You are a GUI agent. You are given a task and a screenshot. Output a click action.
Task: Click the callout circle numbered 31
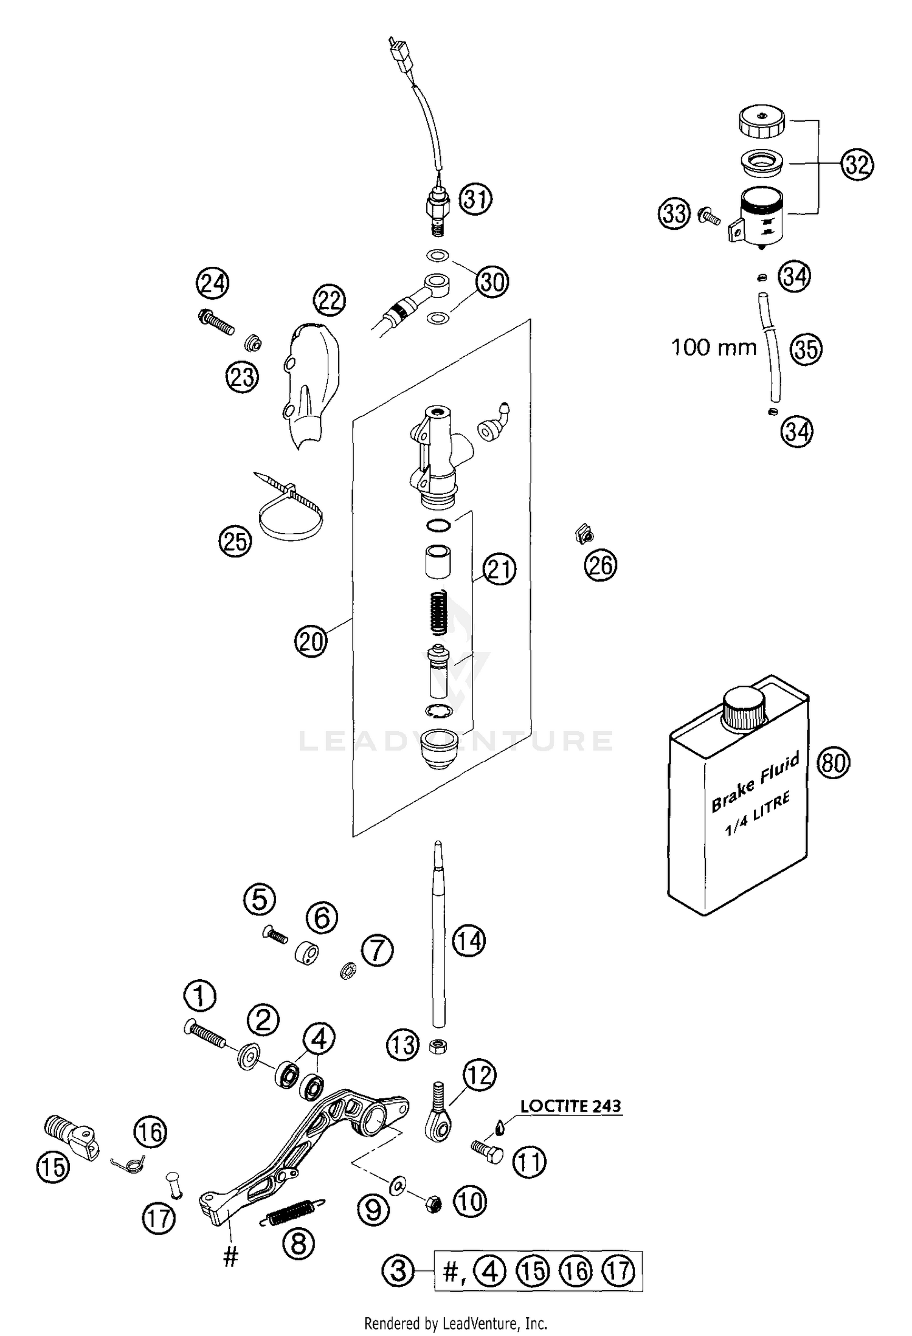(x=475, y=199)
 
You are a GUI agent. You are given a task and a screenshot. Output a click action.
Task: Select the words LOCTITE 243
(x=570, y=1106)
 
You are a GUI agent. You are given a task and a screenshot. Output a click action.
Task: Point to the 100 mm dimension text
(x=713, y=348)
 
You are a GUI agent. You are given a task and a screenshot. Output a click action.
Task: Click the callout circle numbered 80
(x=833, y=762)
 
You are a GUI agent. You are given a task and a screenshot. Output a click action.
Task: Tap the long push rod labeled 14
(x=438, y=936)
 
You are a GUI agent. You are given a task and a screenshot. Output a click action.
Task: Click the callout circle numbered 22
(x=329, y=300)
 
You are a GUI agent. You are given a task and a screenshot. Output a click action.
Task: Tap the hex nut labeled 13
(x=437, y=1046)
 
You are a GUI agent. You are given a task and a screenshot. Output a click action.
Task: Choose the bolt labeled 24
(x=216, y=322)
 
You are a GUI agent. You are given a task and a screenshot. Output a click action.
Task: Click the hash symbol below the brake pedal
(x=230, y=1257)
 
